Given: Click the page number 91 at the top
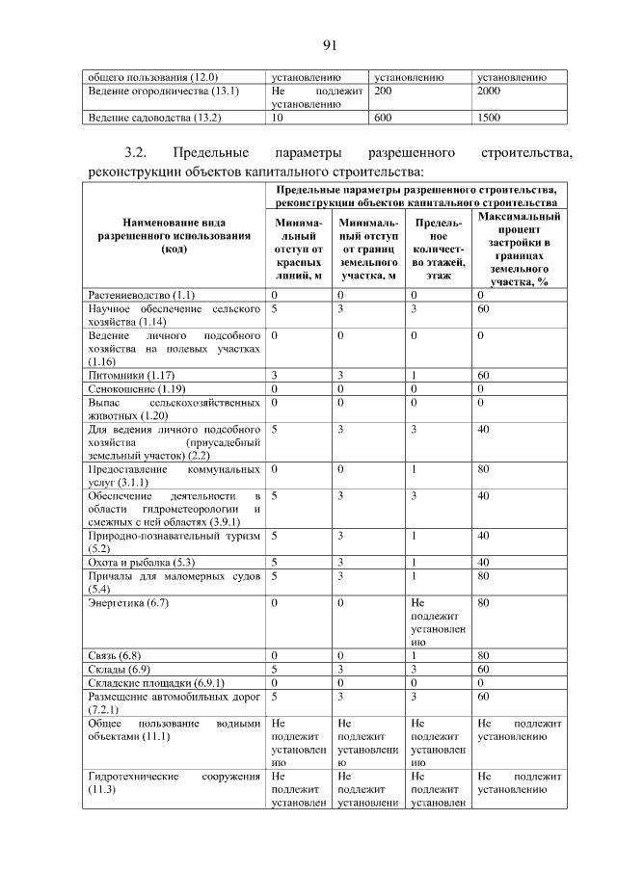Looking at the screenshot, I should point(328,44).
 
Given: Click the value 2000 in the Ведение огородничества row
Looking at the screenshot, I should point(491,90).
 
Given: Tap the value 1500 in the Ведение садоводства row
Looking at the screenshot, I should point(491,118).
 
